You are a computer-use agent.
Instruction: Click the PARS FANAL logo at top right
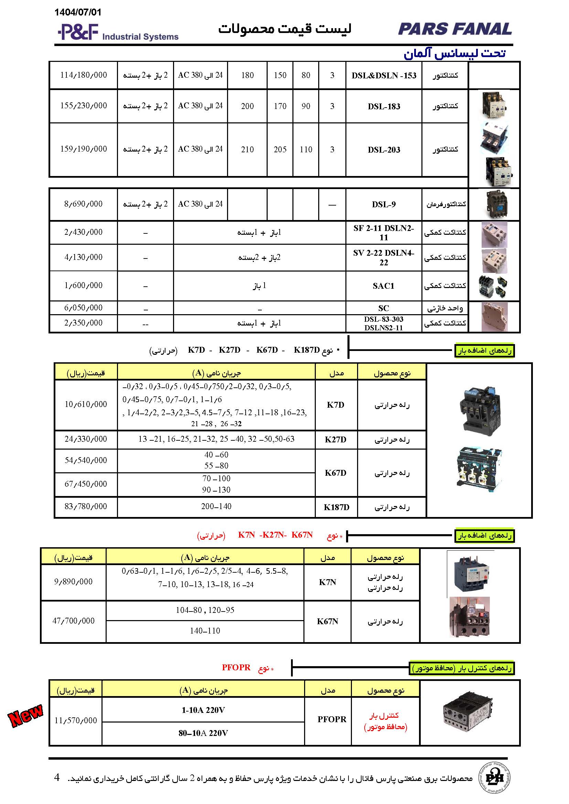455,29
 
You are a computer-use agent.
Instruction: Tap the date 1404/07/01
78,12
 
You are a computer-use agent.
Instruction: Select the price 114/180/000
83,75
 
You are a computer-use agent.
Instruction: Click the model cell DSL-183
384,107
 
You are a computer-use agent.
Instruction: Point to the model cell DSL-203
384,150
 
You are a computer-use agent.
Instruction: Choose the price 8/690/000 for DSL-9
83,204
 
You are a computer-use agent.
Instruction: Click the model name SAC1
383,286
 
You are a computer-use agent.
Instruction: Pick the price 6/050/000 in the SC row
83,308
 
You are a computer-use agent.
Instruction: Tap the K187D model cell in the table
336,507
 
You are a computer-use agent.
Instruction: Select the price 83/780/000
86,506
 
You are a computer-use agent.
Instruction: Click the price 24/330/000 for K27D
86,439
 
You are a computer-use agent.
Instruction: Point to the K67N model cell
327,621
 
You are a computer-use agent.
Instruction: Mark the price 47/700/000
74,621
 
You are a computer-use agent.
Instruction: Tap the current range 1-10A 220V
203,710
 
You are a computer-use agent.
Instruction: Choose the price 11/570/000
76,721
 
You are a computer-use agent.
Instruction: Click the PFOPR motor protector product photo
469,713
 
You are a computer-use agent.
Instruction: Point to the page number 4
57,778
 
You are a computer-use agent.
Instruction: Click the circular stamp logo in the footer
495,778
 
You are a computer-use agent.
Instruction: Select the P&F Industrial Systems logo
118,32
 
